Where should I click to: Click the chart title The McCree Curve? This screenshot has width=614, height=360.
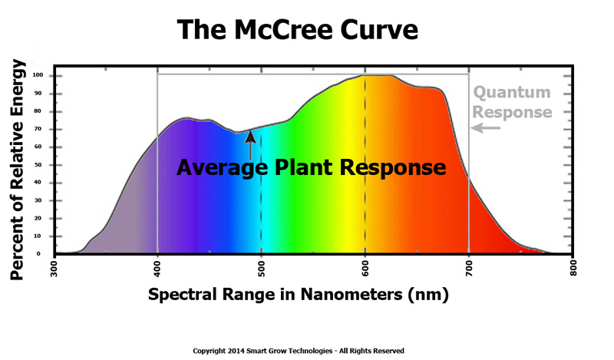(299, 29)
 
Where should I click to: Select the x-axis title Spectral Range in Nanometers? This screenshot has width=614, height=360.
(298, 294)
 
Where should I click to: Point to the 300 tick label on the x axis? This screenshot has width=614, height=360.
(54, 272)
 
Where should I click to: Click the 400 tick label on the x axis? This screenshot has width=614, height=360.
(157, 272)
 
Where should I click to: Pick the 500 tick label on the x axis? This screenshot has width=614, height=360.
(262, 272)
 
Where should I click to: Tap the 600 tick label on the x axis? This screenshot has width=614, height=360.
(365, 272)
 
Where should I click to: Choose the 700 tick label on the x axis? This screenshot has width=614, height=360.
(469, 272)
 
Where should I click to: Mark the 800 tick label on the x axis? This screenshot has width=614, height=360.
(573, 272)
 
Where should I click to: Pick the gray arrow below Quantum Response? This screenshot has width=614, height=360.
(487, 128)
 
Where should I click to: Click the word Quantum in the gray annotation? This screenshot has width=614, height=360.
(512, 93)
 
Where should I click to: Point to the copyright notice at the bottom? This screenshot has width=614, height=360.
(298, 351)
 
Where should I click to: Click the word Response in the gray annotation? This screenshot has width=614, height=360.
(512, 112)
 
